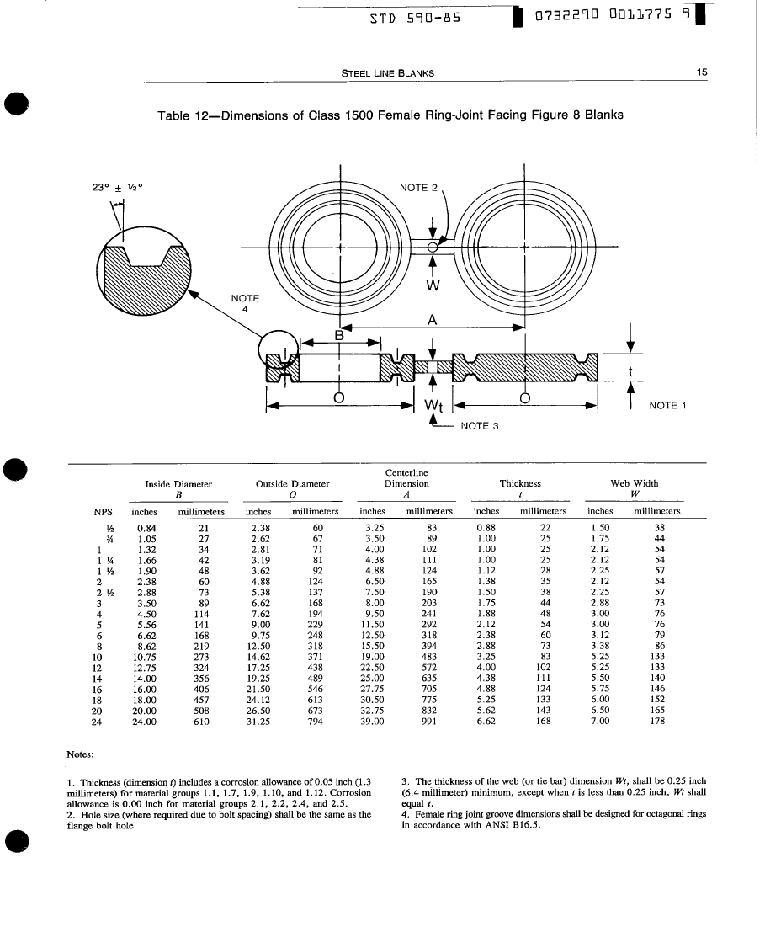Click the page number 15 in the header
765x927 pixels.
tap(702, 72)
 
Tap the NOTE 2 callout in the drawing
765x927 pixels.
tap(418, 187)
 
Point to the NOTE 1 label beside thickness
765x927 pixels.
tap(669, 405)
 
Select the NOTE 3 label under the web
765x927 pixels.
tap(480, 425)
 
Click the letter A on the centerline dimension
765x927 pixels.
tap(432, 319)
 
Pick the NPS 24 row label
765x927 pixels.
tap(98, 721)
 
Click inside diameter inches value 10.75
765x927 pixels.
tap(145, 657)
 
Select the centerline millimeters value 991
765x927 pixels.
tap(429, 721)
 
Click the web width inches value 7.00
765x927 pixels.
tap(600, 721)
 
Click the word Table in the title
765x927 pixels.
tap(174, 115)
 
